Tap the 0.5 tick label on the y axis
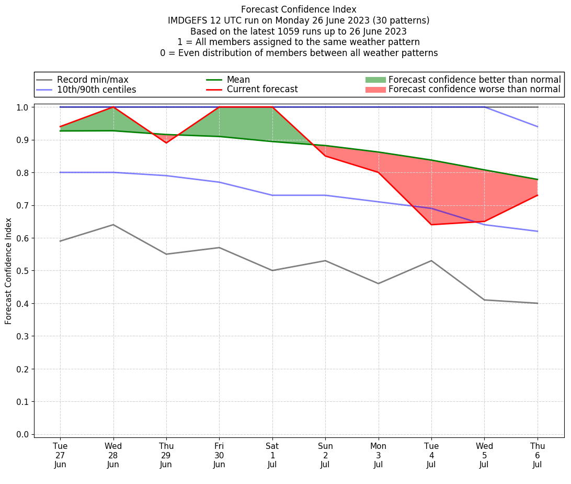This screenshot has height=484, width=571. [x=22, y=271]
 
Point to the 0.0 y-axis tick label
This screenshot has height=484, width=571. [x=22, y=434]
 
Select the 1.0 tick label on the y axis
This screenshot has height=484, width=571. [x=22, y=107]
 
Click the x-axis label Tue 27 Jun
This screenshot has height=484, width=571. [x=60, y=455]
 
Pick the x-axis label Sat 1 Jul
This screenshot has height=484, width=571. [x=272, y=455]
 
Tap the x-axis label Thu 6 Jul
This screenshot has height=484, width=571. [x=538, y=455]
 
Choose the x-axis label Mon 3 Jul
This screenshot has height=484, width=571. [x=379, y=455]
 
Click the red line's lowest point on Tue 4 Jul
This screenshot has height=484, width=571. [x=431, y=225]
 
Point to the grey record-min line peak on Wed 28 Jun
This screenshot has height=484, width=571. [x=113, y=225]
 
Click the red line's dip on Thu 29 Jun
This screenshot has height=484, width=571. [x=166, y=143]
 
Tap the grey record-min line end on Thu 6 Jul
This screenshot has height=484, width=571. [x=538, y=303]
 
